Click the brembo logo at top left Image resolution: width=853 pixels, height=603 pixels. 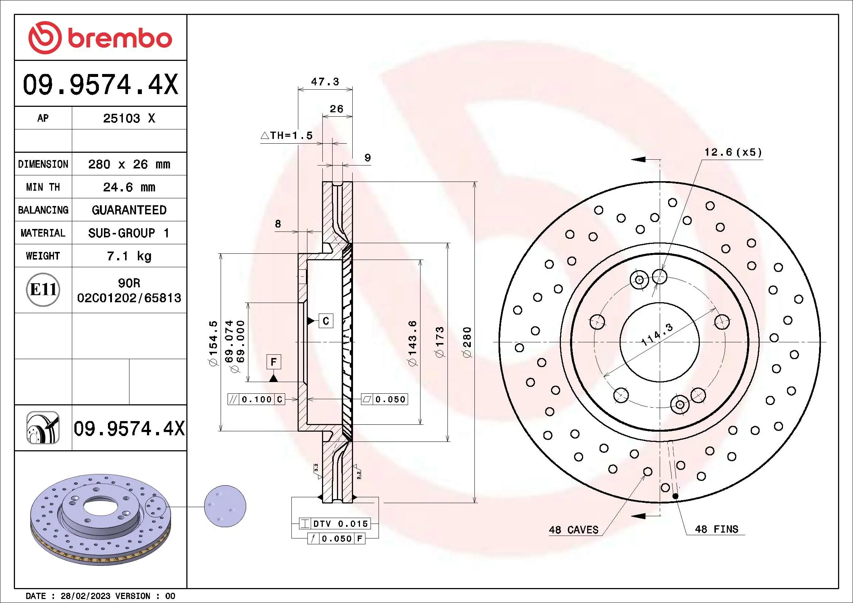[x=100, y=38]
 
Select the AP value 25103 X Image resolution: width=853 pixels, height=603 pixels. [x=129, y=118]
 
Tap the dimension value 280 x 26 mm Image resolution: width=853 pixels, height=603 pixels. [x=129, y=164]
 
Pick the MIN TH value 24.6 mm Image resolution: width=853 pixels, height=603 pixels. [x=129, y=187]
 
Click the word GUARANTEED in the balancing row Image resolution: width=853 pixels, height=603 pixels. [x=129, y=210]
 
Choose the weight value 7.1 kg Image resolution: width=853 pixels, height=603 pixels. [x=129, y=256]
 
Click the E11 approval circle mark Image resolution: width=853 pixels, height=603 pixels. [x=43, y=289]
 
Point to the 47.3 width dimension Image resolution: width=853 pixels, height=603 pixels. [x=325, y=82]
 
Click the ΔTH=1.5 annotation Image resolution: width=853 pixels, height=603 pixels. [x=286, y=136]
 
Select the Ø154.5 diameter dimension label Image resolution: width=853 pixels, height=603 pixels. [x=213, y=343]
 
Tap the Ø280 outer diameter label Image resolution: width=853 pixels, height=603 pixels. [x=467, y=342]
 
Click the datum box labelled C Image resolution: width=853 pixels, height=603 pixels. [x=326, y=321]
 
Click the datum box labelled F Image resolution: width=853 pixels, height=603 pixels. [x=274, y=362]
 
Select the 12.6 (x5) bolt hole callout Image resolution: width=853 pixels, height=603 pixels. [x=733, y=152]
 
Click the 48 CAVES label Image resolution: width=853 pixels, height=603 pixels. [x=574, y=530]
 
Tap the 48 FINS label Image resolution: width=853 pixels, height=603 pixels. [x=716, y=529]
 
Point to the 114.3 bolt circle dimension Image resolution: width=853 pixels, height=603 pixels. [x=657, y=335]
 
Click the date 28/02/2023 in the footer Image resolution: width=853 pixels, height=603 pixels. [x=85, y=596]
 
